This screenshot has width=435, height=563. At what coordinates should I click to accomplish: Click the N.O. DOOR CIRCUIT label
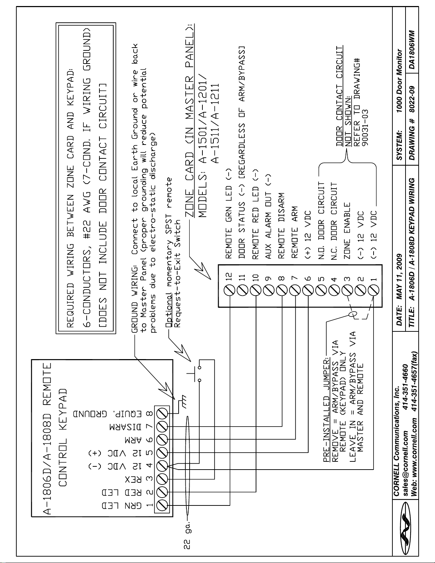click(321, 220)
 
